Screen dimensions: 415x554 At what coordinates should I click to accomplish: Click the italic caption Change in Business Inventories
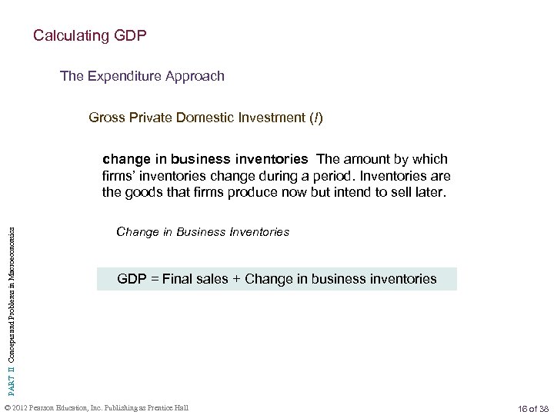click(x=202, y=231)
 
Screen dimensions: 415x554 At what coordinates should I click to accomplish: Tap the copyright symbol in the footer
click(x=8, y=407)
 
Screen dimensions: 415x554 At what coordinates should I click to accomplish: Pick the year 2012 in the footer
click(x=21, y=407)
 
